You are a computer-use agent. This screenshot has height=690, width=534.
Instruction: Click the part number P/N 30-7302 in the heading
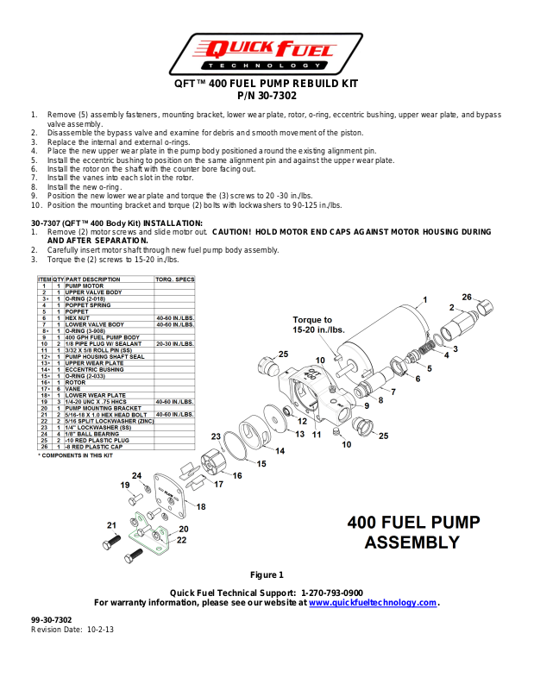click(266, 96)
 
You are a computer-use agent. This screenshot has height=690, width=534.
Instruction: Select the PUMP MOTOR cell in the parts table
click(85, 285)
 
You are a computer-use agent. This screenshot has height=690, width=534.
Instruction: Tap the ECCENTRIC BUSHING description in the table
click(94, 370)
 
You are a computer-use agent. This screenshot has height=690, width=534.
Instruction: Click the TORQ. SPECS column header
click(174, 279)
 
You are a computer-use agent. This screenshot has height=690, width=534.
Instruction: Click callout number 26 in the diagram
click(467, 298)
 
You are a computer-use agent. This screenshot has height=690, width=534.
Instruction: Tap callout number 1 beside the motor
click(424, 301)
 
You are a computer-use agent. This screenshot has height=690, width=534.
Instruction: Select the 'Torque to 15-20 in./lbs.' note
click(318, 324)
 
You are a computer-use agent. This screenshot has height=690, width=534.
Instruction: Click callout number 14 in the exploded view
click(280, 450)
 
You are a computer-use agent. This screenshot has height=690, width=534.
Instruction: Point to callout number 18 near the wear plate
click(200, 506)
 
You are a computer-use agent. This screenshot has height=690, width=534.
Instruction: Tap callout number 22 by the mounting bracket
click(182, 540)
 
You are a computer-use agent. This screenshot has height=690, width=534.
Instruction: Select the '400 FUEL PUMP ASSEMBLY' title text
click(412, 532)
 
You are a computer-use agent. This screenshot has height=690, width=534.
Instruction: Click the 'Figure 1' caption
click(267, 574)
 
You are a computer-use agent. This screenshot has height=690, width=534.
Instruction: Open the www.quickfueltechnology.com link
click(373, 603)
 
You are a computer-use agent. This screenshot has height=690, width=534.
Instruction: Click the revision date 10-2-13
click(100, 630)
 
